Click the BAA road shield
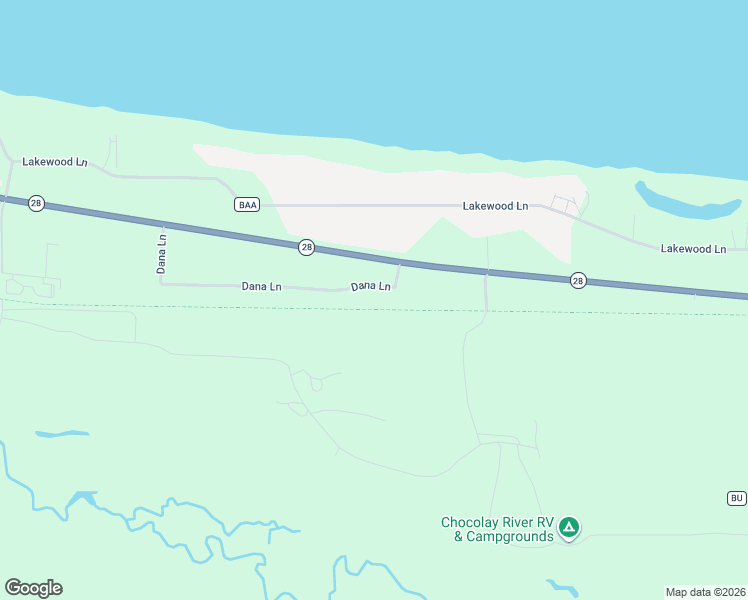click(x=247, y=205)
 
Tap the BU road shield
click(x=736, y=498)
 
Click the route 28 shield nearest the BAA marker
click(x=307, y=247)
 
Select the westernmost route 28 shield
click(x=36, y=203)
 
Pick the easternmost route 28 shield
click(x=578, y=281)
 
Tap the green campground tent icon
click(x=569, y=527)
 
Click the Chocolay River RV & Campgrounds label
click(x=498, y=529)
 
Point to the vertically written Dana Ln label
click(x=161, y=254)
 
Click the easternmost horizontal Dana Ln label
click(x=370, y=287)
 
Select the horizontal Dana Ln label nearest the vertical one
click(x=261, y=286)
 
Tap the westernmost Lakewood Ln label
click(x=55, y=161)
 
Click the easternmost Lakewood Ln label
click(x=693, y=248)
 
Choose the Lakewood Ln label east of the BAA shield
click(x=495, y=206)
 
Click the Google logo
click(x=33, y=588)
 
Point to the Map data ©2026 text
click(x=705, y=591)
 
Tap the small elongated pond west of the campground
click(x=61, y=434)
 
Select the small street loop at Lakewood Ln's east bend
click(x=563, y=204)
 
